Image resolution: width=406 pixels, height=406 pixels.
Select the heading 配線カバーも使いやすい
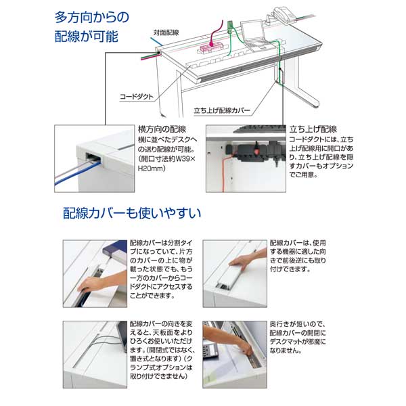[131, 215]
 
